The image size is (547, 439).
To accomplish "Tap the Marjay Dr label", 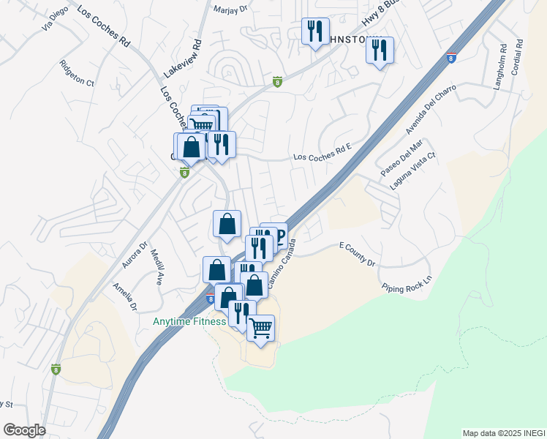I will (231, 10).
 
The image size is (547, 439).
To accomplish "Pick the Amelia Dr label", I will (125, 296).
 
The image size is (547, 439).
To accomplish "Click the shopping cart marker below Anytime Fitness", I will (260, 329).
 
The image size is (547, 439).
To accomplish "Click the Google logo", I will (25, 430).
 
